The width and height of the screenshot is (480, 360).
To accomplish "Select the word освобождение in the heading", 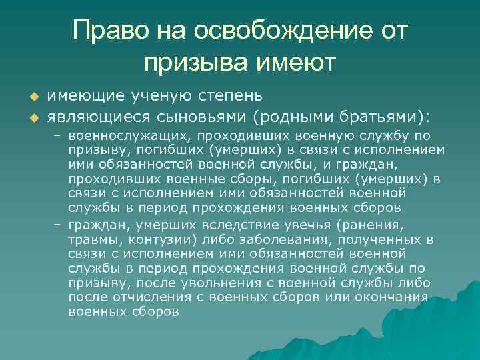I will (281, 31).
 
